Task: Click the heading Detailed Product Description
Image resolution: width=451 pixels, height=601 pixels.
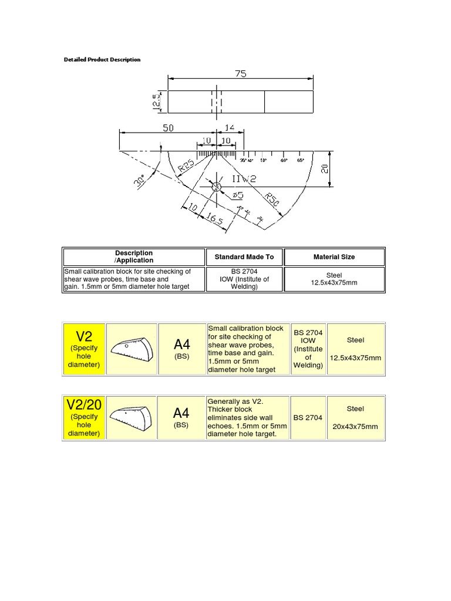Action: pos(102,60)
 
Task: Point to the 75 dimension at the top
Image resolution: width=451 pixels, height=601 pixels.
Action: pos(241,74)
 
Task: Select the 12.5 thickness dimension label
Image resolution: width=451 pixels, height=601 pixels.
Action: pos(156,102)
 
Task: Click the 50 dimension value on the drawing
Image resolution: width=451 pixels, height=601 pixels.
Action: pos(168,127)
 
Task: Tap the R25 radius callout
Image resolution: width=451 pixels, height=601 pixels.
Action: pos(187,167)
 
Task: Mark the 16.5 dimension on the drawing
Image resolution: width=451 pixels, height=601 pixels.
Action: pos(215,220)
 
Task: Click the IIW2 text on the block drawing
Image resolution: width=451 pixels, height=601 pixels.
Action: pos(244,178)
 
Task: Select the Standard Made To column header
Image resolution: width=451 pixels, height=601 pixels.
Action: pos(244,257)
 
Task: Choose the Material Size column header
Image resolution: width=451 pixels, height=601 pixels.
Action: pos(334,257)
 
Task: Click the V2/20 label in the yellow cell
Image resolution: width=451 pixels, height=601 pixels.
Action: pos(84,404)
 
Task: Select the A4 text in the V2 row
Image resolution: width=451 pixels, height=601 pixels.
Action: pos(181,344)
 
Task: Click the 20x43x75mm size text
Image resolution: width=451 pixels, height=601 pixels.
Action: pos(355,427)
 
